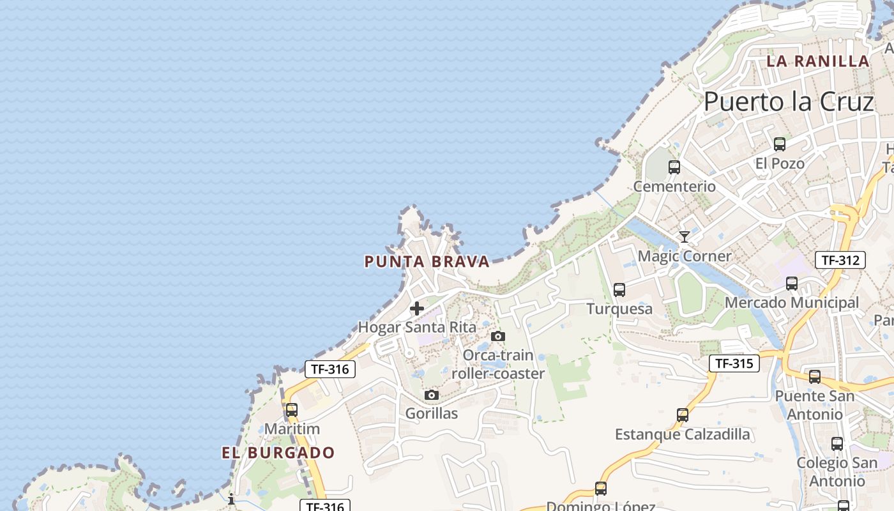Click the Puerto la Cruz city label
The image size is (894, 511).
789,102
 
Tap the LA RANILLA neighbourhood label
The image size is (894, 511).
818,61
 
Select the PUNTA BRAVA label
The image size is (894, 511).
427,261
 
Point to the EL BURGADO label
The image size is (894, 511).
278,453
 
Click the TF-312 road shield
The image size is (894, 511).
840,260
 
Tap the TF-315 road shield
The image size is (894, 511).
734,363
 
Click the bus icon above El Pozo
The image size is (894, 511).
779,144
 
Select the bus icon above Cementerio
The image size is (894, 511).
674,167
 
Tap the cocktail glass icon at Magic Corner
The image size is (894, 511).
685,237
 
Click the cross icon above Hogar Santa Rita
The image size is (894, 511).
417,309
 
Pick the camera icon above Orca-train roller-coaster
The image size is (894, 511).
498,336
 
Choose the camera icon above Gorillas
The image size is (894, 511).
432,395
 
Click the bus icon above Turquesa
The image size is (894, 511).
619,290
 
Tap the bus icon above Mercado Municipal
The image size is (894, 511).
792,284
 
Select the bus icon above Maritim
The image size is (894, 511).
292,410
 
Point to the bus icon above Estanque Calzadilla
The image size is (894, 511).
683,415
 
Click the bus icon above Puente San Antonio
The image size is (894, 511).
815,377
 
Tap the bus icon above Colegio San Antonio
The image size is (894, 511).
837,443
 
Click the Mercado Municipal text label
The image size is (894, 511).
792,303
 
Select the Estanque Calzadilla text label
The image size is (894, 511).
683,435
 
